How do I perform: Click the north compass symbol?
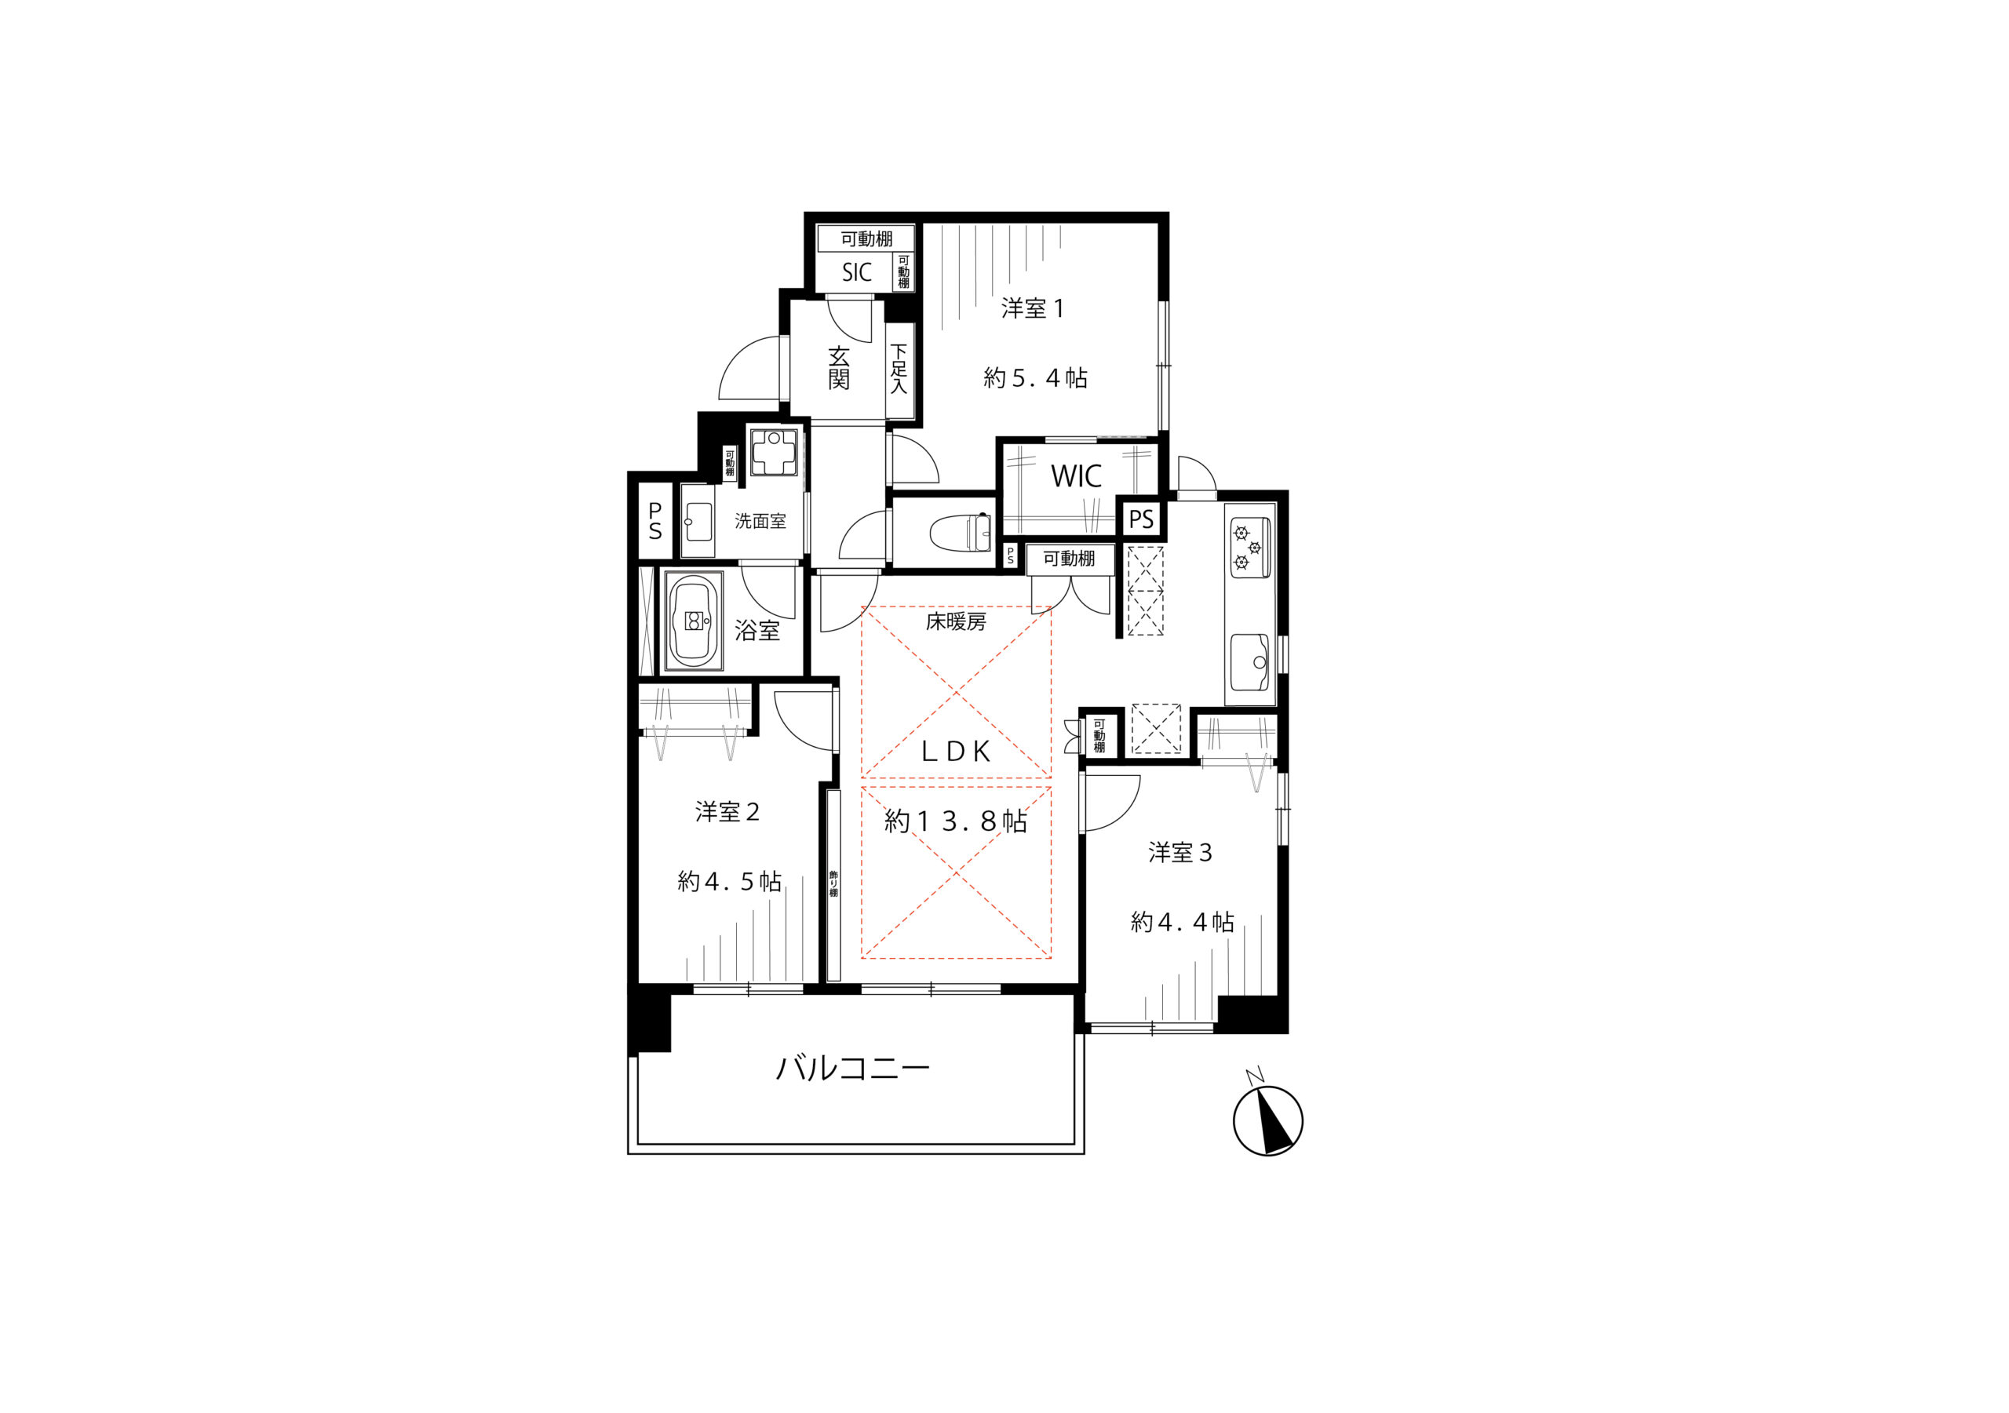coord(1268,1119)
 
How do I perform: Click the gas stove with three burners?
coord(1250,548)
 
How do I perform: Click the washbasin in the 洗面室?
coord(698,522)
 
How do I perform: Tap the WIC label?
coord(1076,476)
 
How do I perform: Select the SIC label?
coord(857,272)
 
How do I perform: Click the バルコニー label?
coord(853,1069)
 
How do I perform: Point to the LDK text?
coord(957,752)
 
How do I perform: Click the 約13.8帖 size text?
coord(956,821)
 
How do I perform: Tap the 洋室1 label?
coord(1033,308)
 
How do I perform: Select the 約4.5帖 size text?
coord(730,881)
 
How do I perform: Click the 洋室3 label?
coord(1180,852)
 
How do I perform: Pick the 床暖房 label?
coord(957,622)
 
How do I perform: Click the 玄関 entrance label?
coord(839,367)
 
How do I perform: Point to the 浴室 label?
coord(757,630)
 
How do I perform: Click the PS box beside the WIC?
coord(1141,519)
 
